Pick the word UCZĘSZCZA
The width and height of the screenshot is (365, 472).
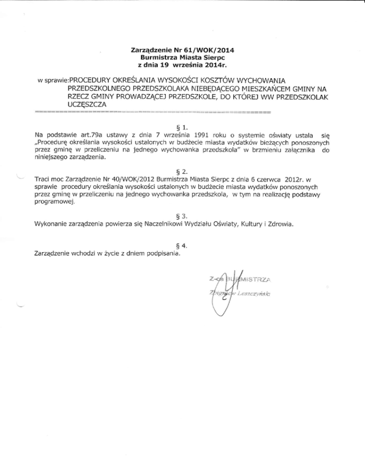(x=88, y=105)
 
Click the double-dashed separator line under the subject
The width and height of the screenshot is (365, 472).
(x=152, y=113)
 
